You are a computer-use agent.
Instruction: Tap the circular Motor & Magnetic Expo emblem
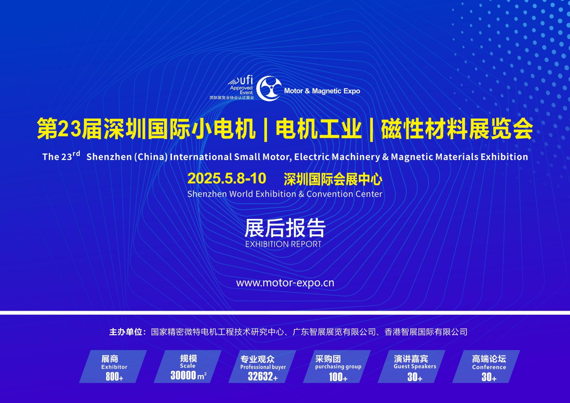tap(269, 88)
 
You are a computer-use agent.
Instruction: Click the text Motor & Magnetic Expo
tap(322, 91)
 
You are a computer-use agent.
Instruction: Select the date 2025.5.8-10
tap(227, 178)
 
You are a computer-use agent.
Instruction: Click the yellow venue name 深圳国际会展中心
tap(333, 179)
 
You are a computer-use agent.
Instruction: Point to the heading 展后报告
tap(285, 228)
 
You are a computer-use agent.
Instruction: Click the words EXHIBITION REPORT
tap(283, 244)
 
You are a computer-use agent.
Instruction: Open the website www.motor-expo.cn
tap(285, 283)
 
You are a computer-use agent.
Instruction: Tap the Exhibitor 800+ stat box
tap(113, 366)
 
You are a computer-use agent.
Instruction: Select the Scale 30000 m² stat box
tap(187, 366)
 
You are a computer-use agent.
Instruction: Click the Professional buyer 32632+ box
tap(262, 366)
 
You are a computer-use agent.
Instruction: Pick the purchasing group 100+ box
tap(337, 366)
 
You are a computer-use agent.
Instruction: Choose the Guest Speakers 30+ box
tap(412, 366)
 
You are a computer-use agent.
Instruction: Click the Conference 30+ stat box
tap(486, 366)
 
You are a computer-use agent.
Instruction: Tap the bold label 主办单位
tap(126, 332)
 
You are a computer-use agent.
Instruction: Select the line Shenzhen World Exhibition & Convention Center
tap(285, 194)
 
